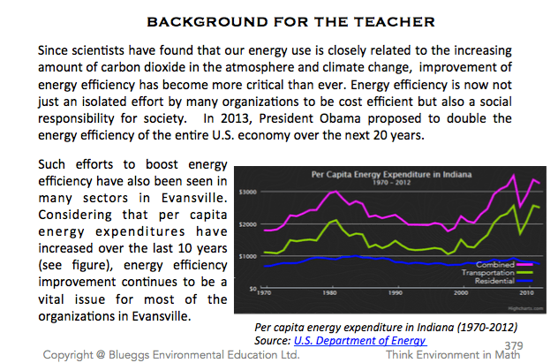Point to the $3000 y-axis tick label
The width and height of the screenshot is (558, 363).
(x=247, y=192)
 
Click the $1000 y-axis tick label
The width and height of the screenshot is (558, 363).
(x=247, y=256)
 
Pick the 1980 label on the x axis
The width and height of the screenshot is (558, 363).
(x=331, y=293)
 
